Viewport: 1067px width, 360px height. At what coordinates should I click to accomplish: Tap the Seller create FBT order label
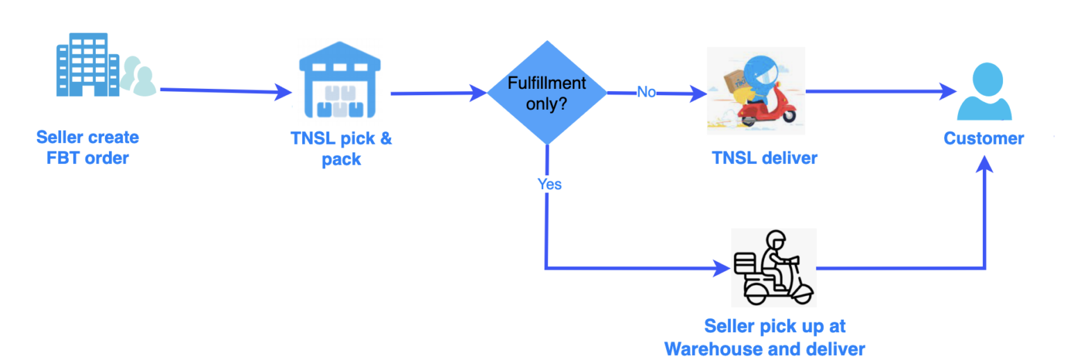88,147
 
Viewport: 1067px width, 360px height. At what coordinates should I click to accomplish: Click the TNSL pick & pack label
341,148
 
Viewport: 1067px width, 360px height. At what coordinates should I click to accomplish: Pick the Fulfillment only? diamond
547,92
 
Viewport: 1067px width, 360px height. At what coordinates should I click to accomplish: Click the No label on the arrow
646,92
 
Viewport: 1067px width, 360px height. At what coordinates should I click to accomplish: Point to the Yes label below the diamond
549,184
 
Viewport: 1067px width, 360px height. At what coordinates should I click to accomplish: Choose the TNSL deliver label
764,158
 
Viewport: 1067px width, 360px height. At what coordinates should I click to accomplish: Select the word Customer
984,138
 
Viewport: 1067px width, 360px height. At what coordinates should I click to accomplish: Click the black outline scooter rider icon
774,268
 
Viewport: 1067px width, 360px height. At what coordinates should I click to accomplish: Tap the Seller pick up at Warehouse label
775,336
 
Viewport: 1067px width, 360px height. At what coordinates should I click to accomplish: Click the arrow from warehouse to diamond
438,92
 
